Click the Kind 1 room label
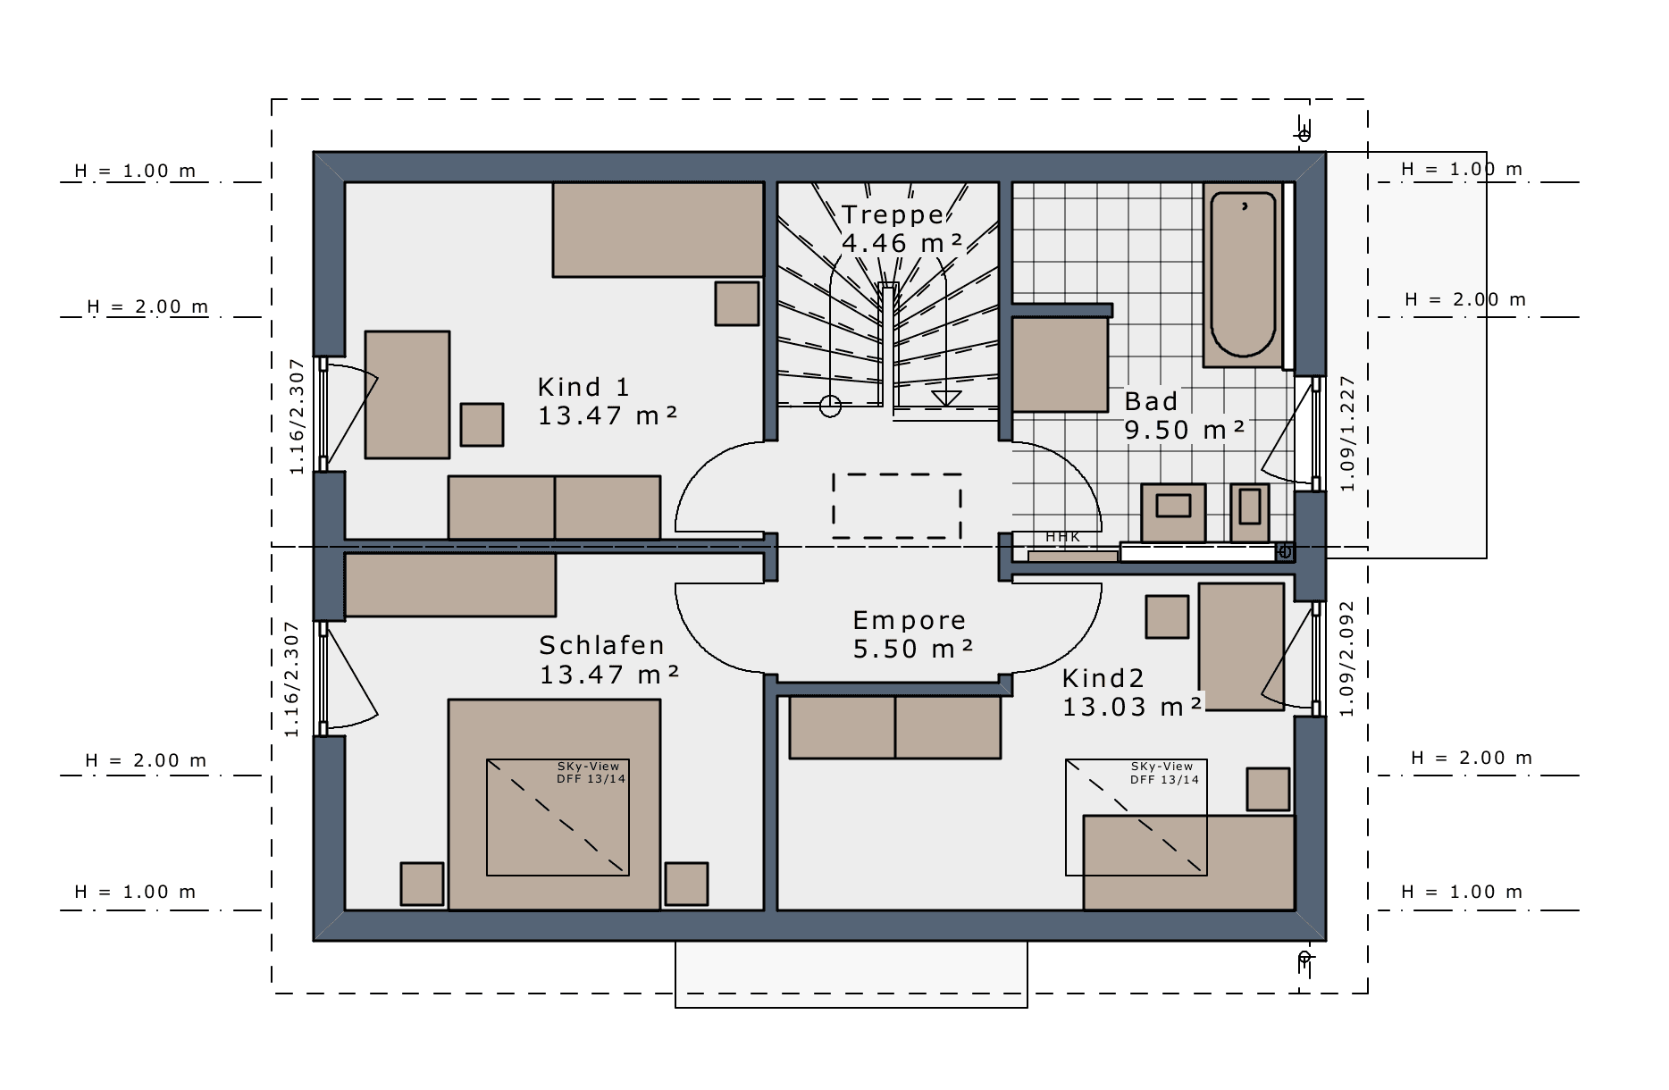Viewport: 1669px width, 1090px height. pyautogui.click(x=583, y=388)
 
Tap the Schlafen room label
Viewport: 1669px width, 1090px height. pyautogui.click(x=601, y=645)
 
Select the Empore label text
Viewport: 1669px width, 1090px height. pyautogui.click(x=909, y=621)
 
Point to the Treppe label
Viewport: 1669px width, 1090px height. pyautogui.click(x=893, y=214)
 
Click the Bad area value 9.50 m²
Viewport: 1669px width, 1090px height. pyautogui.click(x=1184, y=430)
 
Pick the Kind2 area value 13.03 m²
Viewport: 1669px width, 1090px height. pyautogui.click(x=1132, y=707)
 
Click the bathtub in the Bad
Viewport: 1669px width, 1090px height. pyautogui.click(x=1243, y=275)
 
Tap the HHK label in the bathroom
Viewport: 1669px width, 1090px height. pyautogui.click(x=1062, y=537)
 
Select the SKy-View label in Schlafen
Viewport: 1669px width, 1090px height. pyautogui.click(x=588, y=767)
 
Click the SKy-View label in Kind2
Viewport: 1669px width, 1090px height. pyautogui.click(x=1162, y=767)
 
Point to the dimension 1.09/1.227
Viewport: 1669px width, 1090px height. pyautogui.click(x=1347, y=434)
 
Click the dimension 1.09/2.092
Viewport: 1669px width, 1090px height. pyautogui.click(x=1347, y=658)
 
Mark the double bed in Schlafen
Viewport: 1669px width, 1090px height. pyautogui.click(x=554, y=805)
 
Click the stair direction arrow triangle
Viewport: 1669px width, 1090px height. pyautogui.click(x=945, y=398)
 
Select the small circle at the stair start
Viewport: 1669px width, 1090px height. pyautogui.click(x=830, y=407)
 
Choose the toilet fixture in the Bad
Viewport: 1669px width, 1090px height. pyautogui.click(x=1249, y=513)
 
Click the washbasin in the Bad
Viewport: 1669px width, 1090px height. pyautogui.click(x=1173, y=513)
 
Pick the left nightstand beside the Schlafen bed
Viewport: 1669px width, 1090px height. pyautogui.click(x=422, y=884)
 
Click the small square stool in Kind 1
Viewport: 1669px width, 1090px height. pyautogui.click(x=482, y=424)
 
